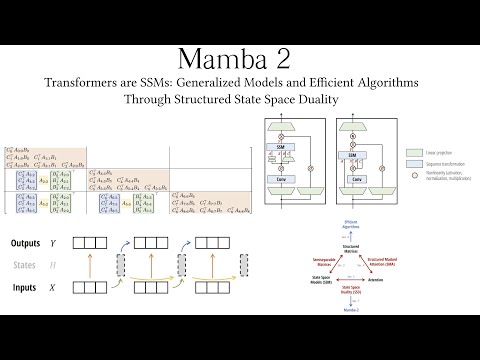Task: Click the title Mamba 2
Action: click(240, 58)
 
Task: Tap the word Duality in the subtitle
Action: click(330, 100)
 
